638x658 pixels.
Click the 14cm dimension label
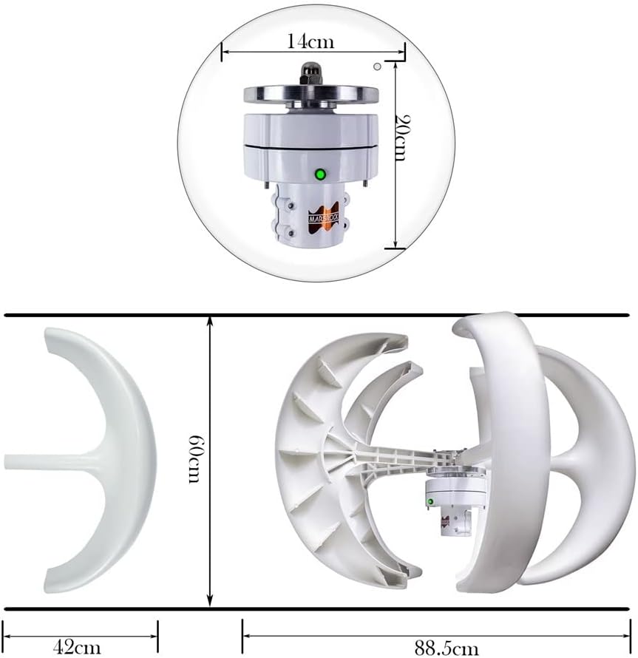310,41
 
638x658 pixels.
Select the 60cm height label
194,459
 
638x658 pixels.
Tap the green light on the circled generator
320,174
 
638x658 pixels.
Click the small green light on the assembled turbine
430,502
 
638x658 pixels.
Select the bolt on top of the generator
310,74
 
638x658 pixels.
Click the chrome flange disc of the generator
310,95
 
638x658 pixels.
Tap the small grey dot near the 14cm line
378,67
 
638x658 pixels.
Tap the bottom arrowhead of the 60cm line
211,602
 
